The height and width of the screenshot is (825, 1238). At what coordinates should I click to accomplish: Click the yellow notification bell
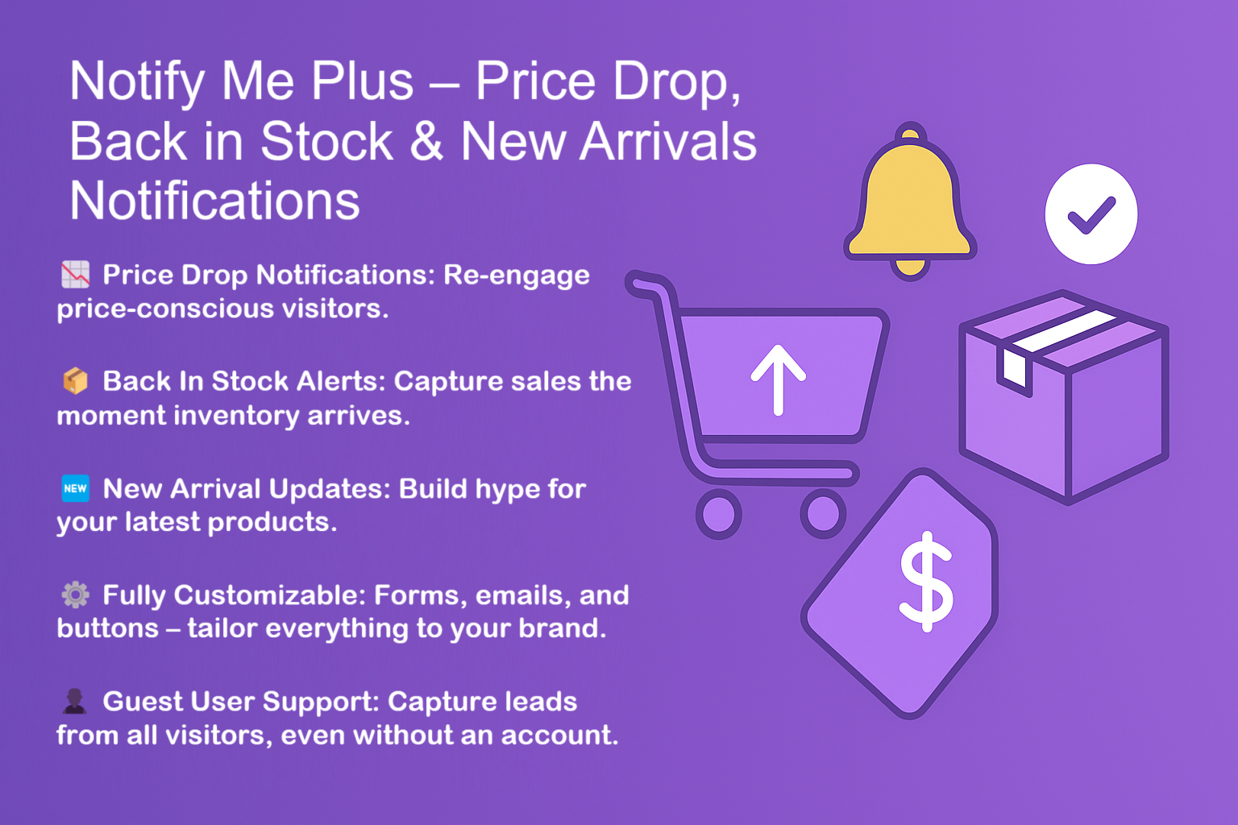tap(910, 197)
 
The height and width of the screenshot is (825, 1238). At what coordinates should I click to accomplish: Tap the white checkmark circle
tap(1091, 214)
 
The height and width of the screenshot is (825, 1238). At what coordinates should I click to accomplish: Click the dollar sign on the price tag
tap(926, 581)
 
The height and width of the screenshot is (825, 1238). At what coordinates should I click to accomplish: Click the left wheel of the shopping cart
tap(718, 513)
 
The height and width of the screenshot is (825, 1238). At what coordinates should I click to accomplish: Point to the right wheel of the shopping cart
tap(822, 513)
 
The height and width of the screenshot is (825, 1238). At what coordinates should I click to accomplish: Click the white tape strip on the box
tap(1064, 331)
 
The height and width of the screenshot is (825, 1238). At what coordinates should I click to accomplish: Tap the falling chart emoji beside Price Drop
tap(76, 275)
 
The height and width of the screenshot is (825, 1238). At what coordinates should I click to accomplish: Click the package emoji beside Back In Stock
tap(76, 380)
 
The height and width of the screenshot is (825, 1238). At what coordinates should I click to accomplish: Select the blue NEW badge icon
tap(76, 488)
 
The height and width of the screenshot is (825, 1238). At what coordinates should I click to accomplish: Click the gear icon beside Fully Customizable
tap(76, 595)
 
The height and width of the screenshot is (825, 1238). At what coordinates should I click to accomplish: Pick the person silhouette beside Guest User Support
tap(75, 701)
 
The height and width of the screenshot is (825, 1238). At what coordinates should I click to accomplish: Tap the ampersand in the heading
tap(426, 142)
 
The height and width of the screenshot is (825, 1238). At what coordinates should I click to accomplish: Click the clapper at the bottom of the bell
tap(910, 267)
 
